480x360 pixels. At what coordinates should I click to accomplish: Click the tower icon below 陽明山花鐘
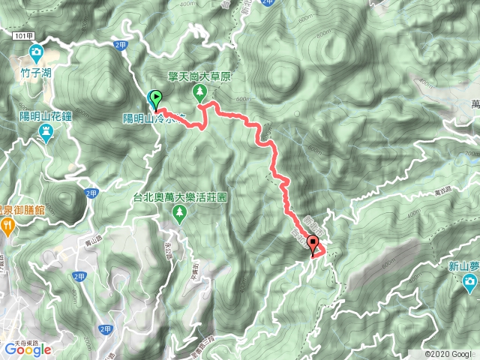point(46,133)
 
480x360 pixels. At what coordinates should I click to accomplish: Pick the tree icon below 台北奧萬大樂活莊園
point(179,215)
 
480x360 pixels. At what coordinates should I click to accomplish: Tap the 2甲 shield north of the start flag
point(121,45)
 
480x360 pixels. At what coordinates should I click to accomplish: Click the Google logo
point(27,349)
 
